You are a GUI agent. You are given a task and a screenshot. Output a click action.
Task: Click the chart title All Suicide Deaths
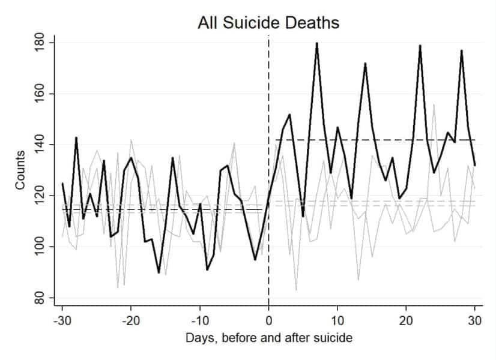(x=268, y=23)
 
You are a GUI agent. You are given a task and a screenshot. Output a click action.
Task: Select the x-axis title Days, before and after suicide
(x=268, y=338)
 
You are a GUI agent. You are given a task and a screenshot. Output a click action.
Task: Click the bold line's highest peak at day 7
(x=316, y=44)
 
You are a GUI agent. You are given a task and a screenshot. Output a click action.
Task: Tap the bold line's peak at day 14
(x=364, y=64)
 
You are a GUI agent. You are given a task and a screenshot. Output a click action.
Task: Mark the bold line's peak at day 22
(x=420, y=46)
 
